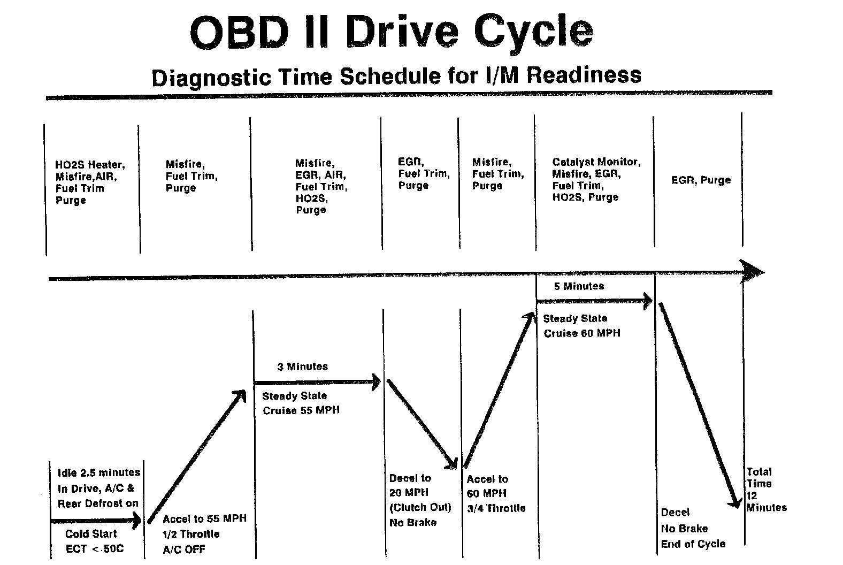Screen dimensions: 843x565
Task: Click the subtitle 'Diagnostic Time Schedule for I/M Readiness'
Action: pos(396,76)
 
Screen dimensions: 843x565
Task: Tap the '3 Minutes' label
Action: pos(302,367)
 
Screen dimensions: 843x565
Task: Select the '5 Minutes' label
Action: pos(579,286)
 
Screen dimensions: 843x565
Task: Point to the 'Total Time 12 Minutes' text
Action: pos(765,490)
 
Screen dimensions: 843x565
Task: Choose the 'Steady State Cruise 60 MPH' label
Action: pos(581,326)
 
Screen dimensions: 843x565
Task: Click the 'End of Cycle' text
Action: pos(693,544)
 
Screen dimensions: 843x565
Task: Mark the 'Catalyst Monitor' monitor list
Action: pos(596,179)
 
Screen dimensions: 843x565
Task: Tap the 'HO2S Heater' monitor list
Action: pos(89,182)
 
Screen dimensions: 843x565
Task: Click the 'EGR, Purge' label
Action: pos(701,180)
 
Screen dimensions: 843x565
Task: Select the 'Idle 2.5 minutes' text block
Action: pos(98,488)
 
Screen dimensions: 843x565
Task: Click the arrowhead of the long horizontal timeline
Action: pos(754,271)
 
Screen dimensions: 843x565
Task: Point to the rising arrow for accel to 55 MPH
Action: pos(196,456)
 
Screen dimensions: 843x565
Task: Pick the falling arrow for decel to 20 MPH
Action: pos(421,423)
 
